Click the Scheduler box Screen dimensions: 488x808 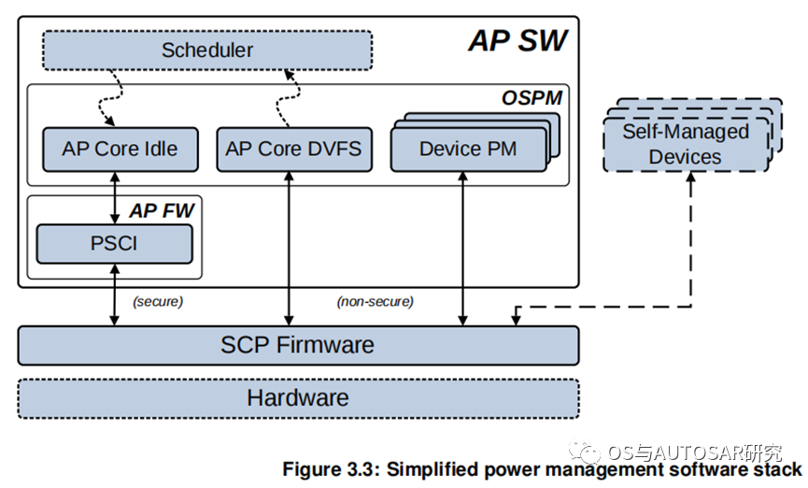coord(206,50)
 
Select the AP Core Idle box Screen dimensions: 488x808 coord(120,149)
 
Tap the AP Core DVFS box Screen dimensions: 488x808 coord(292,149)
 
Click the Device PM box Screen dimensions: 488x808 coord(467,150)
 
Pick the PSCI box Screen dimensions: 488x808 coord(114,243)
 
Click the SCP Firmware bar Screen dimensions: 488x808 coord(297,344)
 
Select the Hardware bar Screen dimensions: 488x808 coord(297,397)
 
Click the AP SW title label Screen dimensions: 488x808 coord(517,41)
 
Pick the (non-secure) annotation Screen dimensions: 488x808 coord(375,302)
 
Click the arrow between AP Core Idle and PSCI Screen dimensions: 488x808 coord(114,197)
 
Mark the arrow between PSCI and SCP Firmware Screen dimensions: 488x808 coord(114,294)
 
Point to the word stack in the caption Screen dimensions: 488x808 coord(779,468)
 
